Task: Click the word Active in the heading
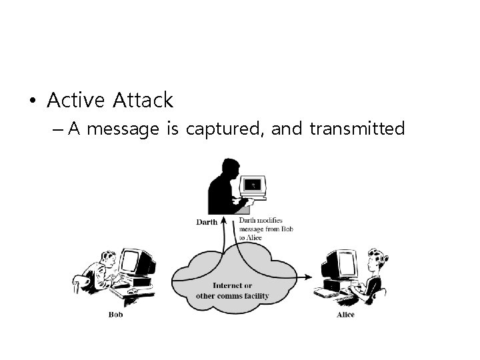pos(76,101)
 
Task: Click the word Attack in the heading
pos(143,101)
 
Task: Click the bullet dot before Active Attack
pos(31,101)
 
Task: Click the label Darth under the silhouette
pos(207,222)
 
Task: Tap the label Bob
pos(115,315)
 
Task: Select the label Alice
pos(345,315)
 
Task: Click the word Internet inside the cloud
pos(232,286)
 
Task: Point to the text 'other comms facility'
pos(232,295)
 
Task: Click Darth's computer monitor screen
pos(252,185)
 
